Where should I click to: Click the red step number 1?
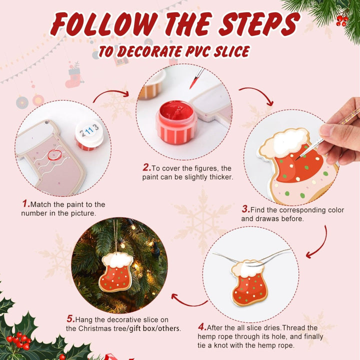tap(25, 204)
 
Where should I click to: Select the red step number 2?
tap(146, 167)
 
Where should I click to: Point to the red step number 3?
tap(245, 209)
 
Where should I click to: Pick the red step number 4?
tap(202, 327)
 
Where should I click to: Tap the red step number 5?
tap(70, 318)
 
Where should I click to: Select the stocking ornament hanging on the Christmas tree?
tap(117, 270)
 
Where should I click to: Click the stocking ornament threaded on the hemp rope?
tap(249, 282)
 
